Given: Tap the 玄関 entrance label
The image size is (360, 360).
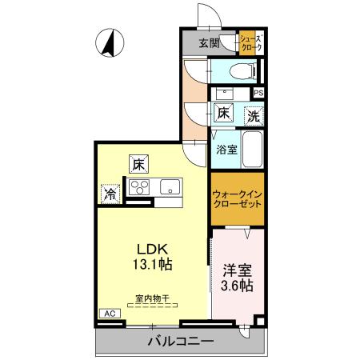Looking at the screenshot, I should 210,43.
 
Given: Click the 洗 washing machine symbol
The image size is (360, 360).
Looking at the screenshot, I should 253,115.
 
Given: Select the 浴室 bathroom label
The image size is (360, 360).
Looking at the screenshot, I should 226,149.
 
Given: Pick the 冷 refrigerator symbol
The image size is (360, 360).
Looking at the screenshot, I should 110,193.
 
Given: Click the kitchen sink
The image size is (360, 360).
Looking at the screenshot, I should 170,189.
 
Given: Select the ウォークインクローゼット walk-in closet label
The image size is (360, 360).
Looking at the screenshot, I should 237,198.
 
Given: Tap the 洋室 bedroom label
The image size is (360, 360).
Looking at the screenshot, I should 238,270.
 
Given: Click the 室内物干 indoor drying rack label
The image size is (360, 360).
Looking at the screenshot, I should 151,298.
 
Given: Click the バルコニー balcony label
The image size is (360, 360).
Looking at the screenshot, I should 180,342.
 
